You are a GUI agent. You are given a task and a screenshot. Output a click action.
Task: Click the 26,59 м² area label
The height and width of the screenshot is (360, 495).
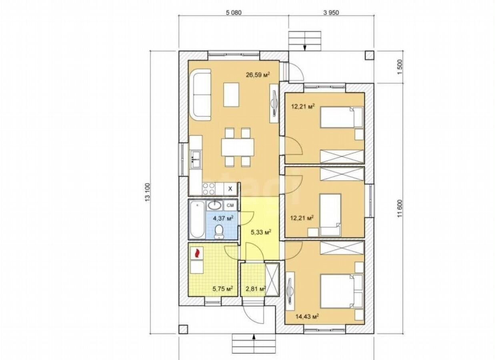point(258,75)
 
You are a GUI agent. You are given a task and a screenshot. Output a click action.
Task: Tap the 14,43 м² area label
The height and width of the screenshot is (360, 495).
point(307,316)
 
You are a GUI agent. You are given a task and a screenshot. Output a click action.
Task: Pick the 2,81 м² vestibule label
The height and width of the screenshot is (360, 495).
point(256,288)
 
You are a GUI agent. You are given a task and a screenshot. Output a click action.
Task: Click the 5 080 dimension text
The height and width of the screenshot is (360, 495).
point(234,12)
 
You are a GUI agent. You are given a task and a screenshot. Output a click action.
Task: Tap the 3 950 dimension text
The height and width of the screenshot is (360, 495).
point(331,12)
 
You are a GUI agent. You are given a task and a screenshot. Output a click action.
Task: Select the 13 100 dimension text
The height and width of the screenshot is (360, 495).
point(148,192)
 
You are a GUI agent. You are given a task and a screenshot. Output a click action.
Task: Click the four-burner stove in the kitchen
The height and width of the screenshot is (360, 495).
point(54,189)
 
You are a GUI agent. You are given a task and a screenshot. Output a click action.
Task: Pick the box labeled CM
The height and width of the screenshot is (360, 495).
point(230,205)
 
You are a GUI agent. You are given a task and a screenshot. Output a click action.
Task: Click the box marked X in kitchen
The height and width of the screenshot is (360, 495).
point(230,189)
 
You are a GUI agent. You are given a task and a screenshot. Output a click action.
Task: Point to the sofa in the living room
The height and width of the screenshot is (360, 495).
point(200,95)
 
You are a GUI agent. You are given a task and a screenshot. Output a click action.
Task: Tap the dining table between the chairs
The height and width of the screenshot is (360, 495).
point(238,147)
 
